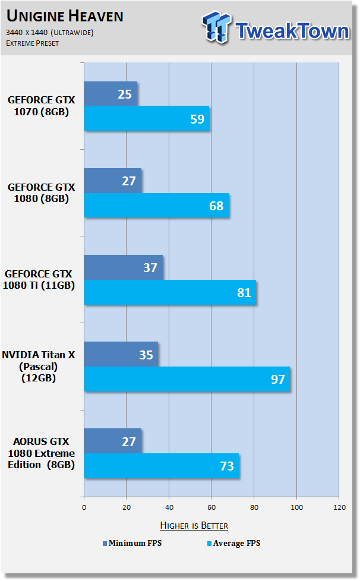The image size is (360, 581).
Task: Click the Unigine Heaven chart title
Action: (65, 16)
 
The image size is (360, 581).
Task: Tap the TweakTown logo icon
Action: (216, 27)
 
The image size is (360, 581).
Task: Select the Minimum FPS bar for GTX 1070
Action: (110, 94)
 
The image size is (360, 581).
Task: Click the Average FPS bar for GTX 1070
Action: (147, 118)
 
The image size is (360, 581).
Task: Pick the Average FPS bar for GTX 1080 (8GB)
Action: (156, 206)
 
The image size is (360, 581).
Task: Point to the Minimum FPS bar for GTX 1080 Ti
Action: (124, 267)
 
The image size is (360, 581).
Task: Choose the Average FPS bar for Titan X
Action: (187, 379)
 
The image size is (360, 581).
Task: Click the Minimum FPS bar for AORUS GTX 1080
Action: (113, 441)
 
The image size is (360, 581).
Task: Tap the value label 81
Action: (244, 293)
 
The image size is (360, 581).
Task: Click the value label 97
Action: (278, 380)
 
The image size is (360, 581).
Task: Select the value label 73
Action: (227, 466)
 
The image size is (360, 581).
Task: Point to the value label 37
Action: (150, 267)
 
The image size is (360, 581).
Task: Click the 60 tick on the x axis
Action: (211, 507)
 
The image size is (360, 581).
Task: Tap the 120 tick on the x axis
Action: (340, 507)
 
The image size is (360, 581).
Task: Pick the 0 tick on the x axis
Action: (84, 507)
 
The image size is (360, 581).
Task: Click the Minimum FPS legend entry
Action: (132, 543)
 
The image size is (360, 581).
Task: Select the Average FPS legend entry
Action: (233, 543)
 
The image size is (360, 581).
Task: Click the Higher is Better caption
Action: (194, 525)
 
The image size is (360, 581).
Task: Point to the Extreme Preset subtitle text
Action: (32, 43)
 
